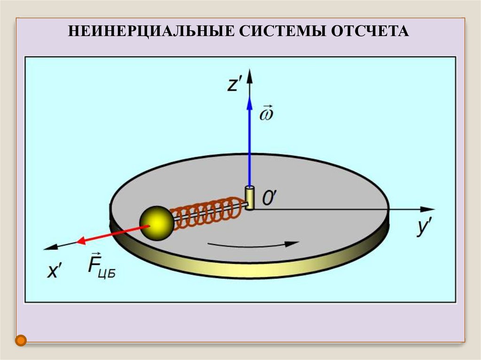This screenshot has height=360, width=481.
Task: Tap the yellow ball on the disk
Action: click(157, 223)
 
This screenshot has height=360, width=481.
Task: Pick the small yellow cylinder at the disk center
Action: click(249, 197)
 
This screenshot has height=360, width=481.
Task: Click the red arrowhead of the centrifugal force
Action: click(82, 241)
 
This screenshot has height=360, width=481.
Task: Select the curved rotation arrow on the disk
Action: click(254, 244)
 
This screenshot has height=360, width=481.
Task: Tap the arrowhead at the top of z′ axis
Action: click(249, 75)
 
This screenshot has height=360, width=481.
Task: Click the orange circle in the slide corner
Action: click(20, 341)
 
